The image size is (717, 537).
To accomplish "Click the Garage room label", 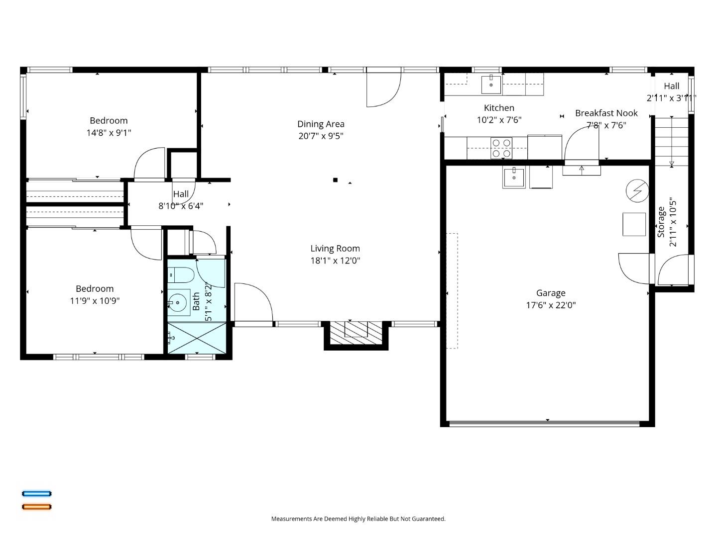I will [550, 293].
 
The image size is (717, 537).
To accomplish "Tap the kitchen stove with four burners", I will [501, 148].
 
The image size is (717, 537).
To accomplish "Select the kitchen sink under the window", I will [491, 84].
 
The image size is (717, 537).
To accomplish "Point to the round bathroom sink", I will [177, 302].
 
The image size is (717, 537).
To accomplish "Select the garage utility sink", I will [513, 177].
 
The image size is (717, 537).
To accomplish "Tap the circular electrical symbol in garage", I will [637, 191].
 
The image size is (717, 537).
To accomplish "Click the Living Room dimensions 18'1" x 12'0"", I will [335, 261].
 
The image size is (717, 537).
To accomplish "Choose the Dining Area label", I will [321, 124].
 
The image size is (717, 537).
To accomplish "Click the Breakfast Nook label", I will [606, 113].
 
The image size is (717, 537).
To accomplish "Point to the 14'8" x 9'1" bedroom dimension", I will [109, 133].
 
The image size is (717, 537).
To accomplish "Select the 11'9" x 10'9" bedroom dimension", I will [95, 301].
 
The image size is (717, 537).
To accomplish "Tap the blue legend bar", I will [36, 494].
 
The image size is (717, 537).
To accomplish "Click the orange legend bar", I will [36, 507].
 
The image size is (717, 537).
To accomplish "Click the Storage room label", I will [661, 222].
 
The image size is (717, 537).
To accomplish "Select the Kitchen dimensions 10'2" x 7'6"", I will [499, 120].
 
